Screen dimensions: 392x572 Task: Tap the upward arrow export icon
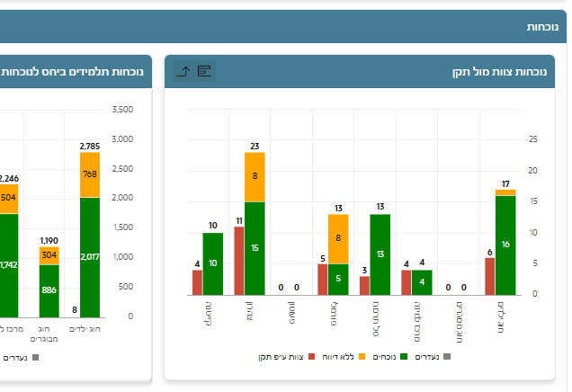pos(183,71)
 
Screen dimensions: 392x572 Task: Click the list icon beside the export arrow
pos(204,71)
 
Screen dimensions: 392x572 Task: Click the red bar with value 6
pos(489,276)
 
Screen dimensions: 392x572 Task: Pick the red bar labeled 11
pos(238,260)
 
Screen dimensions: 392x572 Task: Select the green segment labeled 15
pos(255,248)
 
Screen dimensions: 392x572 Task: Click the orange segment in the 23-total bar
pos(255,177)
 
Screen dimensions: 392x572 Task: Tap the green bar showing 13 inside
pos(380,254)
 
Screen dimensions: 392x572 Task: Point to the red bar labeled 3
pos(364,285)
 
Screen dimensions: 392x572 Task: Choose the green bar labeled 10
pos(212,263)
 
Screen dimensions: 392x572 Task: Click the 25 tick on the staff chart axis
pos(533,139)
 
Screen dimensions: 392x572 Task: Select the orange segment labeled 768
pos(89,174)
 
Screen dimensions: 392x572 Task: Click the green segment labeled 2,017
pos(89,256)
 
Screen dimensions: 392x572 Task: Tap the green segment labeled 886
pos(49,290)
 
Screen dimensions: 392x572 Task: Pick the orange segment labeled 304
pos(49,255)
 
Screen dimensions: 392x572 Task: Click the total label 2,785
pos(89,146)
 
